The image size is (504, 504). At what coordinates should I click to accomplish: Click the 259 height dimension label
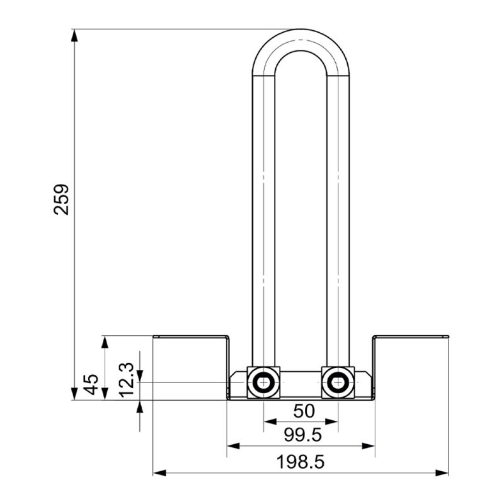[61, 199]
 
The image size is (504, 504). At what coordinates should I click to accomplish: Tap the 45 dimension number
[91, 384]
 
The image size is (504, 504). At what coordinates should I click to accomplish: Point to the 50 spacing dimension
[304, 411]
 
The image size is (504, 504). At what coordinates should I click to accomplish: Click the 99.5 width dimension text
[302, 435]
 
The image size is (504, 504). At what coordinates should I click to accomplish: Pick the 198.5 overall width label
[301, 462]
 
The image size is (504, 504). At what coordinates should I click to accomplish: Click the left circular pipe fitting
[263, 382]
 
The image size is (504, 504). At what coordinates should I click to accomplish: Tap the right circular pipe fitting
[338, 382]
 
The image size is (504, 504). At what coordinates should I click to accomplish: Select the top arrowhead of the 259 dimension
[74, 35]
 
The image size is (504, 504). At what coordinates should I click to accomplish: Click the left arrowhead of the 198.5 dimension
[159, 473]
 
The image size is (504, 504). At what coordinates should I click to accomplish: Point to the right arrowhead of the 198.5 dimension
[442, 473]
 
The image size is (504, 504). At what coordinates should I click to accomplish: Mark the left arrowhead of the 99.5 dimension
[234, 446]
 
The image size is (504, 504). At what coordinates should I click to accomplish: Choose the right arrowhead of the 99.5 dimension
[369, 446]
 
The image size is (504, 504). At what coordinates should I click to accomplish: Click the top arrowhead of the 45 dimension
[105, 342]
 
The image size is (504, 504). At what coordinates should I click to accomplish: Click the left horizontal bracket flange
[192, 336]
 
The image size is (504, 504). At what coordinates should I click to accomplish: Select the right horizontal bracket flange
[411, 336]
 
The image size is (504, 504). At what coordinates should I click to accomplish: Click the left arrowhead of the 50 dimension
[270, 421]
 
